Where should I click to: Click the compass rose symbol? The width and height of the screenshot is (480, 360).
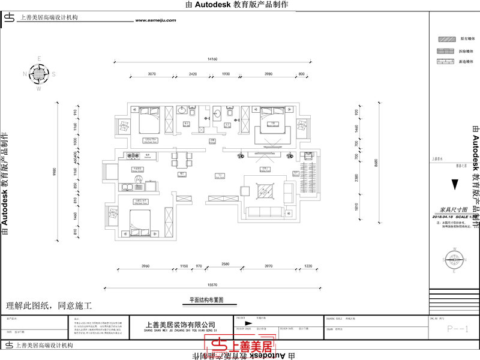click(39, 74)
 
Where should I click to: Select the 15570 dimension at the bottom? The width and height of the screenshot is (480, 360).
click(215, 285)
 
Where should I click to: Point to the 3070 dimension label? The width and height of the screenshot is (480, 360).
click(151, 74)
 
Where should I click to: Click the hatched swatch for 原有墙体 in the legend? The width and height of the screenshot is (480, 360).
click(445, 38)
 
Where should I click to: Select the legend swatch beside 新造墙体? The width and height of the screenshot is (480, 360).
click(445, 62)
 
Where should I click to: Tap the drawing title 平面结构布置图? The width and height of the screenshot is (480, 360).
click(206, 299)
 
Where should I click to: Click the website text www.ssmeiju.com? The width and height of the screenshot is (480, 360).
click(155, 20)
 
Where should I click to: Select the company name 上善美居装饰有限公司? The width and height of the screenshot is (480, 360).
click(180, 324)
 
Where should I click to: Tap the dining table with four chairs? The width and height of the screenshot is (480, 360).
click(182, 159)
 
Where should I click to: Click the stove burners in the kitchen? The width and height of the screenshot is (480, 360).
click(135, 157)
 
